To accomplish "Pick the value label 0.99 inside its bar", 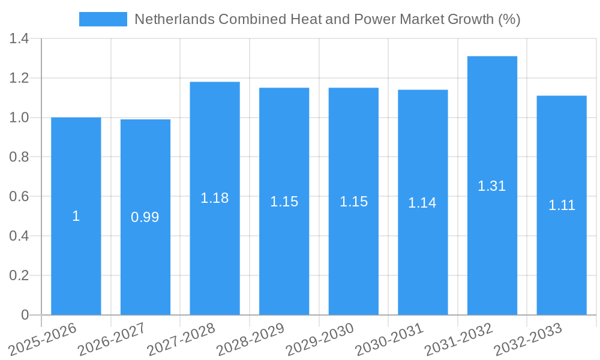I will pyautogui.click(x=145, y=217).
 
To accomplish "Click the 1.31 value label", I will pyautogui.click(x=492, y=186).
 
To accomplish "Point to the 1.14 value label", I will pyautogui.click(x=422, y=203).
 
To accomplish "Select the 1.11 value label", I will pyautogui.click(x=562, y=205).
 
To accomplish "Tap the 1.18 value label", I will pyautogui.click(x=215, y=198).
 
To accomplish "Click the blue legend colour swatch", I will pyautogui.click(x=103, y=19).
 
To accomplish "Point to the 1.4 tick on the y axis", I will pyautogui.click(x=19, y=39).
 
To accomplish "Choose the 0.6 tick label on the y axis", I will pyautogui.click(x=19, y=197).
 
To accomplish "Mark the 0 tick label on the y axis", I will pyautogui.click(x=25, y=315).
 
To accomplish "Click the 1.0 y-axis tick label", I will pyautogui.click(x=19, y=118).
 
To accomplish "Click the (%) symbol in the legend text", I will pyautogui.click(x=509, y=19).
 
